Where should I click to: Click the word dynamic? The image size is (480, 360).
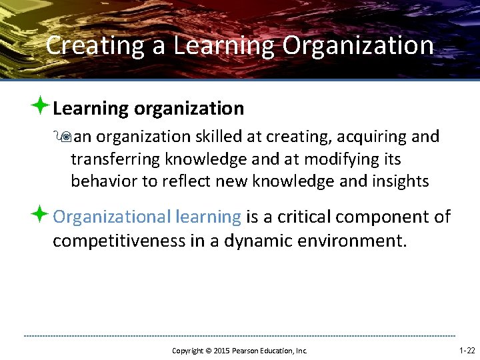(x=249, y=240)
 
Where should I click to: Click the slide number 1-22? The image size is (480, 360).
(x=467, y=350)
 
